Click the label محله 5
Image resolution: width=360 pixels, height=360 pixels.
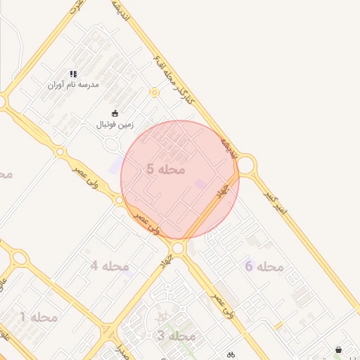tap(166, 169)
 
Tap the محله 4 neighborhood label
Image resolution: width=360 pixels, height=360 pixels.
tap(110, 266)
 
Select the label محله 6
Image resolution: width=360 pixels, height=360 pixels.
tap(264, 266)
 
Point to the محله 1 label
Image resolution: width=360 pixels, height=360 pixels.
tap(39, 317)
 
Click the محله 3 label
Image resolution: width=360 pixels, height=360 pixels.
tap(175, 336)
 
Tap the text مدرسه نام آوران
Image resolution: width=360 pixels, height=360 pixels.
tap(73, 84)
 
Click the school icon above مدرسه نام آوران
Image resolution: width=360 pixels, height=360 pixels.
tap(72, 74)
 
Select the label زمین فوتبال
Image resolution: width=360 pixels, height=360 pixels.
tap(115, 124)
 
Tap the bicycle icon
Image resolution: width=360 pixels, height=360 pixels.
tap(231, 355)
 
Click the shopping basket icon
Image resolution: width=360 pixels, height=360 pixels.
tap(339, 349)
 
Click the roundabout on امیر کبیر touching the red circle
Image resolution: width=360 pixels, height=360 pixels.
tap(245, 166)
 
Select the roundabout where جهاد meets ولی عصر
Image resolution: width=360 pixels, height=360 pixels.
tap(178, 248)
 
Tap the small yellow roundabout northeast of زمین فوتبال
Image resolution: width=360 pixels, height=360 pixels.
tap(155, 92)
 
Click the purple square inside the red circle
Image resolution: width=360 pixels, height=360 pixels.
tap(200, 184)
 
